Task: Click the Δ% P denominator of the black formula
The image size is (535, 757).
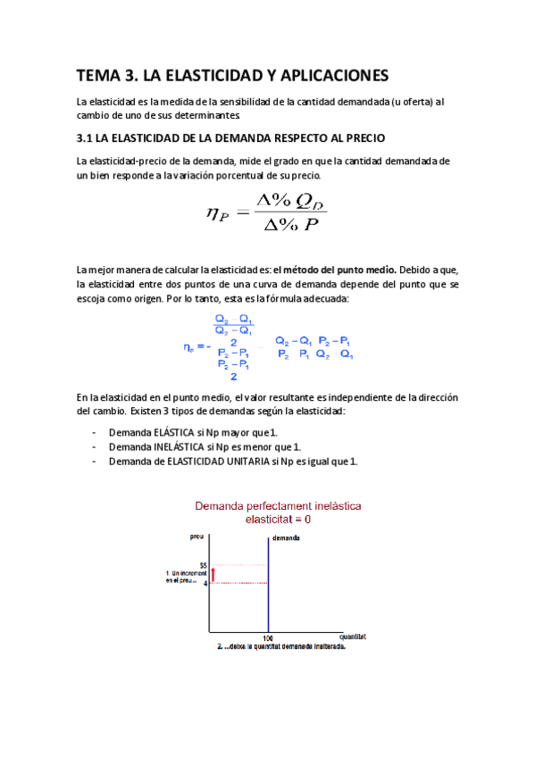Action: [288, 224]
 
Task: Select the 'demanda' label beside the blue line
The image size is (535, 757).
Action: [286, 538]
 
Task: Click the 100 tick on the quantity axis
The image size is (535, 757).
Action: [268, 638]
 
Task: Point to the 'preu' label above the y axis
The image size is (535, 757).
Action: [196, 536]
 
